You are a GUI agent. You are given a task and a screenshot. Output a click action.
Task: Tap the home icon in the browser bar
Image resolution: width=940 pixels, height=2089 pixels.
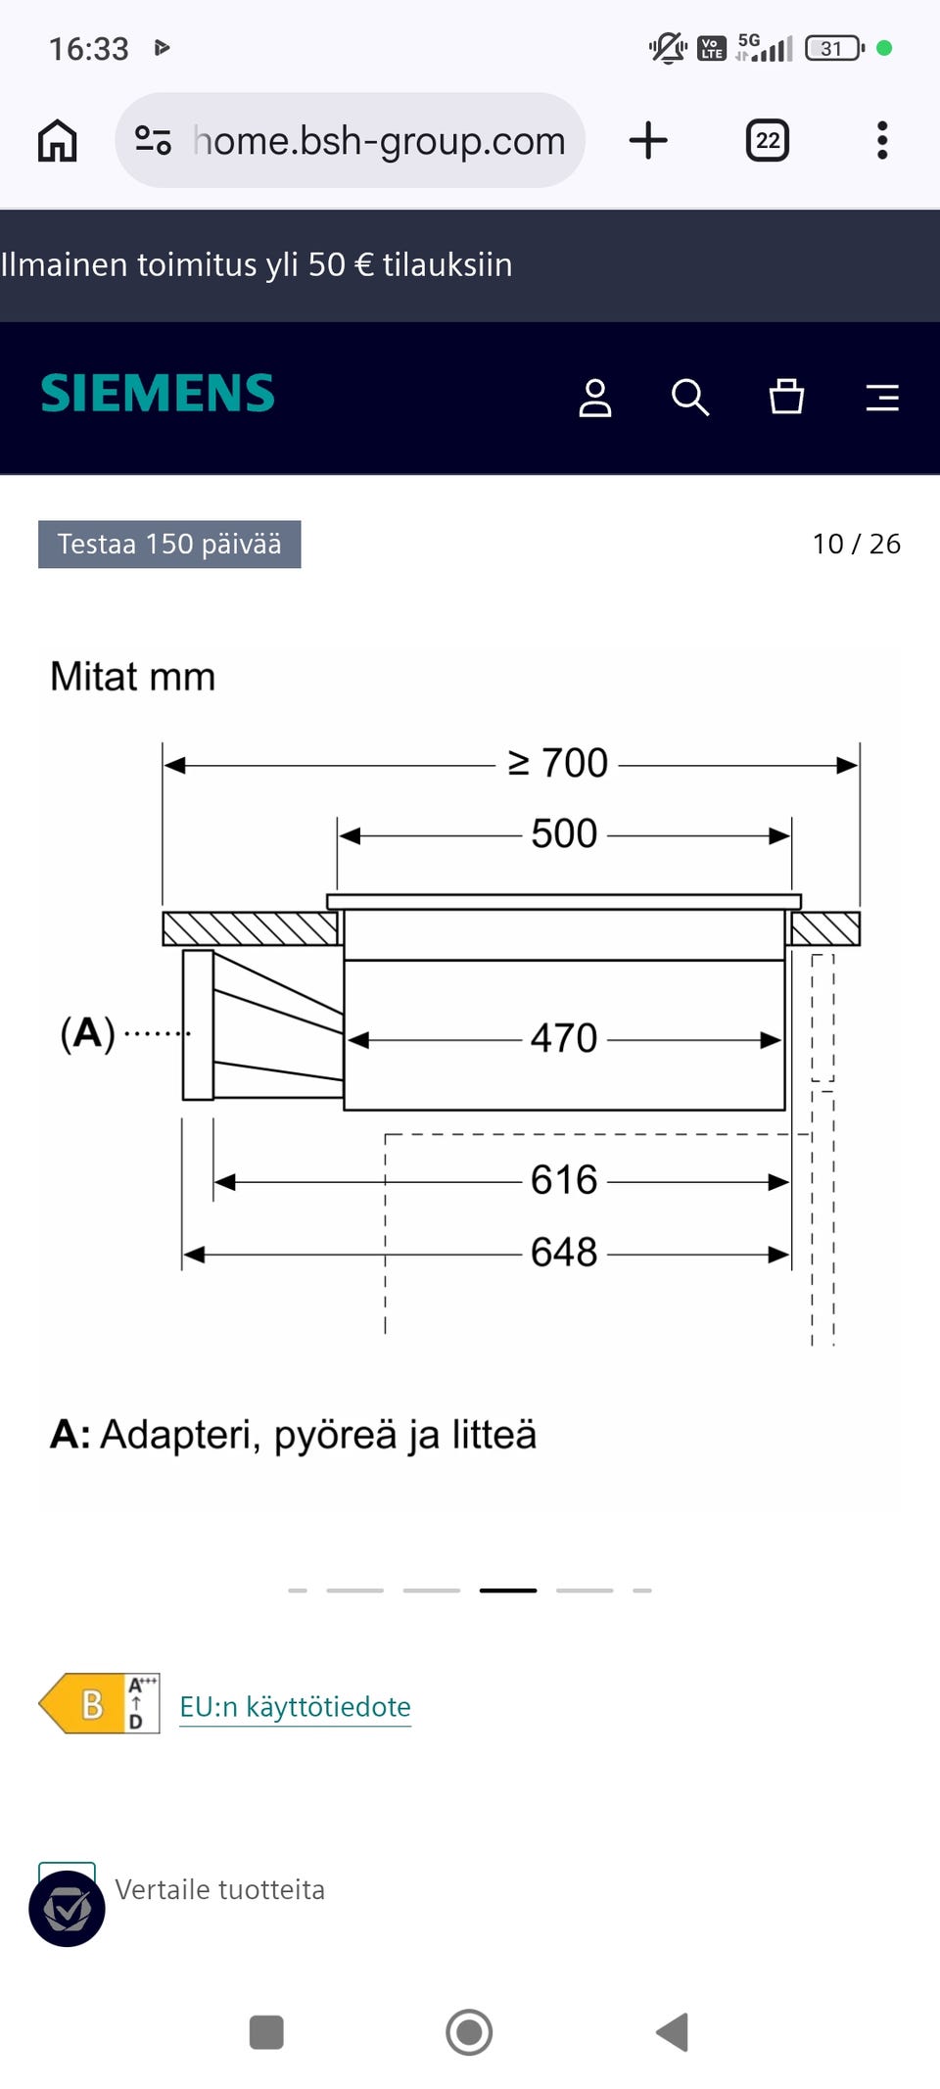point(57,141)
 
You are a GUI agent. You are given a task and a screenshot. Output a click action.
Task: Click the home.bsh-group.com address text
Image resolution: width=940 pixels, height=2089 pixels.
point(379,141)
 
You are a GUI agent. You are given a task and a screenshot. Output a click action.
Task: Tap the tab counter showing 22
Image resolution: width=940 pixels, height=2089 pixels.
point(767,141)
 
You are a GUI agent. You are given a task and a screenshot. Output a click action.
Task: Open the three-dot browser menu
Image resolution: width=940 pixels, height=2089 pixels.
point(882,141)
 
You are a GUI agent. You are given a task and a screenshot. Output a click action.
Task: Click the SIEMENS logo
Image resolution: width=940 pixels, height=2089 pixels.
point(158,394)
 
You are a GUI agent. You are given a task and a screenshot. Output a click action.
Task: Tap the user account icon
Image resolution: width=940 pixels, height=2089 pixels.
point(594,398)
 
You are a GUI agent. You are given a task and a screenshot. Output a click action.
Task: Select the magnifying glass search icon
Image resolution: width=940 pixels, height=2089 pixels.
point(689,398)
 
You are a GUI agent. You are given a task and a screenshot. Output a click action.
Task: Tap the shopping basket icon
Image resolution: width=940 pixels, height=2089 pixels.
point(786,397)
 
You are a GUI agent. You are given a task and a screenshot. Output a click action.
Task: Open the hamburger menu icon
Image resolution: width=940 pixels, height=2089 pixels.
point(882,398)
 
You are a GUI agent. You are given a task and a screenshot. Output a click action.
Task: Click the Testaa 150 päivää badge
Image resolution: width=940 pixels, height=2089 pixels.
point(169,545)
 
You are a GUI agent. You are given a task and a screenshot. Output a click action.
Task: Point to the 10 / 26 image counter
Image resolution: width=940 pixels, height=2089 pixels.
point(856,545)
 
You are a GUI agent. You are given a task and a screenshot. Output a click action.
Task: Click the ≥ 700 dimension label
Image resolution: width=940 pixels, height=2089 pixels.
point(558,763)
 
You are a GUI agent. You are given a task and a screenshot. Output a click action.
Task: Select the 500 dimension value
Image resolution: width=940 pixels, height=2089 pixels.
point(564,834)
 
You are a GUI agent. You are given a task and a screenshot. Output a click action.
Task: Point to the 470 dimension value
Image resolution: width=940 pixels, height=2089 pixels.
point(564,1038)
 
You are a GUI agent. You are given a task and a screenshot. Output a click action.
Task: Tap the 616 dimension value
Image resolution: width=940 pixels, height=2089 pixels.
point(564,1180)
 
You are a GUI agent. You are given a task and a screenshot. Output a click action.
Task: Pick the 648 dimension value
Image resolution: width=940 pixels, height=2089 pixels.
point(564,1252)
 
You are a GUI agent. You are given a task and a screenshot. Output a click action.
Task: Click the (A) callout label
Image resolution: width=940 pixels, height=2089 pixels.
point(88,1033)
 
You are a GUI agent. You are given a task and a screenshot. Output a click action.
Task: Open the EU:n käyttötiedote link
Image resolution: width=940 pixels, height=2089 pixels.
point(295,1707)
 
